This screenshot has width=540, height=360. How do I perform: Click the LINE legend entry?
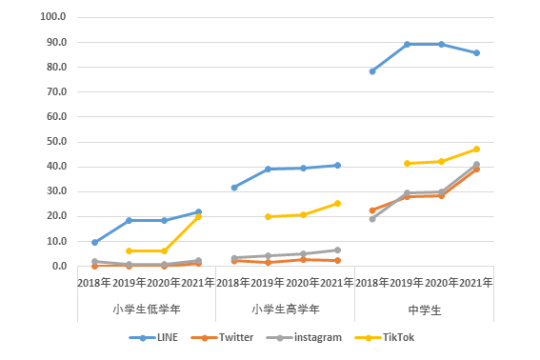tap(153, 337)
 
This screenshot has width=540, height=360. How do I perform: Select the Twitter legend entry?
tap(222, 337)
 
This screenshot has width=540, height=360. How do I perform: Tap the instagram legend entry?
tap(304, 337)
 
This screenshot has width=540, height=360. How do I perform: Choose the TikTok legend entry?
tap(385, 337)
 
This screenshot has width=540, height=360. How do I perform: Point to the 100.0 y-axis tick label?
tap(53, 16)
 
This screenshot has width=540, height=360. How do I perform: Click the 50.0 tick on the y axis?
tap(56, 142)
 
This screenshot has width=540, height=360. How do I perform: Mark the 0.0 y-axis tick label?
tap(59, 266)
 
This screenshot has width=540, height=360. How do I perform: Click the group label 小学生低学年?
tap(147, 309)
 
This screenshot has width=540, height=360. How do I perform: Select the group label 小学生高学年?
tap(286, 309)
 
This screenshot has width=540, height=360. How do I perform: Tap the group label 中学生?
tap(425, 310)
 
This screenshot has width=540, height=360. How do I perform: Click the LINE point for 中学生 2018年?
tap(372, 71)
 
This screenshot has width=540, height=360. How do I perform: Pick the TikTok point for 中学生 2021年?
tap(476, 150)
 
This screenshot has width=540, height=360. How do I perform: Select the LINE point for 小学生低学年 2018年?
tap(94, 243)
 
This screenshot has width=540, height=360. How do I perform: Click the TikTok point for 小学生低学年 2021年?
tap(199, 217)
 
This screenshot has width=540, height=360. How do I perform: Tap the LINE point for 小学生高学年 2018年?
tap(234, 188)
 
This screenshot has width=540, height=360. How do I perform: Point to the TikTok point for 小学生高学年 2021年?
tap(337, 204)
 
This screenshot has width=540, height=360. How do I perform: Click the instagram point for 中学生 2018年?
tap(372, 219)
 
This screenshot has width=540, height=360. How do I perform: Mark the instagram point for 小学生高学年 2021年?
tap(337, 250)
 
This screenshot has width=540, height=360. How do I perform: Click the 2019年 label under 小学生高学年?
tap(268, 283)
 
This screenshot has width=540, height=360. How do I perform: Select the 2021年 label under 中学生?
tap(476, 283)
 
